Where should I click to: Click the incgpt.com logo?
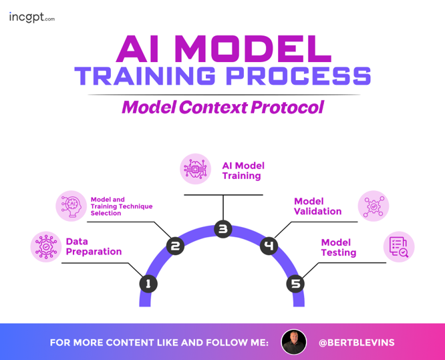click(31, 17)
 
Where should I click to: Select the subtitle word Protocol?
click(288, 107)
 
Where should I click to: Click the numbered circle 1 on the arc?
click(148, 284)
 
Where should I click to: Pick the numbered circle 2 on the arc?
click(175, 246)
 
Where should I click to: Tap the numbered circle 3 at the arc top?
click(222, 229)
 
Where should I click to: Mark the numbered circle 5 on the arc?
click(295, 284)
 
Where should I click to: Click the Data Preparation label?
click(94, 246)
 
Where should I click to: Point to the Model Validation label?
click(317, 206)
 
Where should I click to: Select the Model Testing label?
click(338, 247)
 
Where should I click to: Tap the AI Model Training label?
click(243, 171)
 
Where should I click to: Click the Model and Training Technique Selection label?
click(121, 206)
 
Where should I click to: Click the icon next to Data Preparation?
click(46, 246)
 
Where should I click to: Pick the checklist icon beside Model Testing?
click(399, 247)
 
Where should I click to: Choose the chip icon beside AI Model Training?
click(196, 169)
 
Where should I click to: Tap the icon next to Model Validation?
click(373, 206)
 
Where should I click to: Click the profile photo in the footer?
click(294, 342)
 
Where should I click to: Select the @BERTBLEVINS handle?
click(356, 343)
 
